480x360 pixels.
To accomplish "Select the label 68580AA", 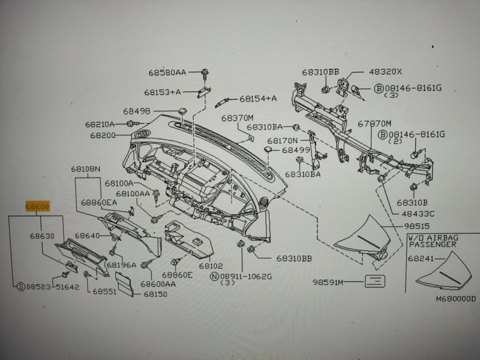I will (x=167, y=73).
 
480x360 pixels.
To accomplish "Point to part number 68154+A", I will (x=258, y=98).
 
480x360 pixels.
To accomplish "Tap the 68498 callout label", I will (x=137, y=111).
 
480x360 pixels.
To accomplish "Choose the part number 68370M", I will (x=238, y=117).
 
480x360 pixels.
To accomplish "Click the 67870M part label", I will (x=374, y=123).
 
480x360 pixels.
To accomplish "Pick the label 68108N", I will (x=88, y=169).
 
